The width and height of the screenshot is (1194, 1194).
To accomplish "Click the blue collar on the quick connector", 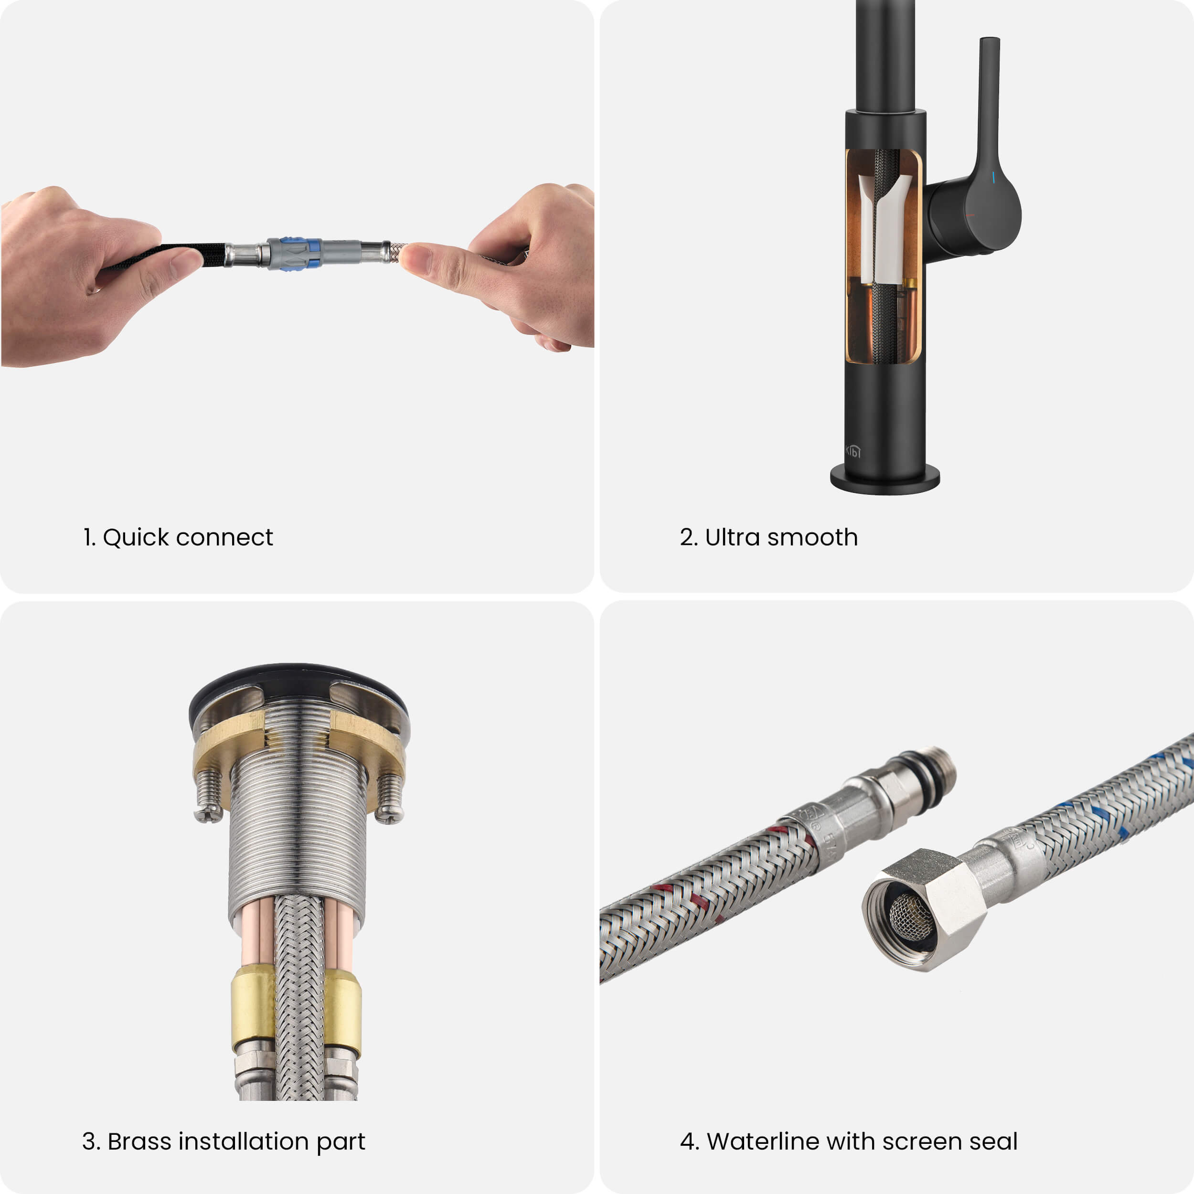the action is click(301, 254).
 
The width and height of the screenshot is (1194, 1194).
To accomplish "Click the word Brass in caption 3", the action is click(139, 1141).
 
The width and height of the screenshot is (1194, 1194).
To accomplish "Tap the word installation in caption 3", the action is click(244, 1141).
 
